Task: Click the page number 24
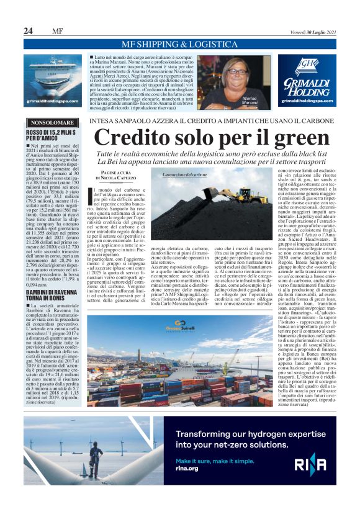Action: tap(28, 31)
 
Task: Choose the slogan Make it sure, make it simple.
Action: tap(214, 461)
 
